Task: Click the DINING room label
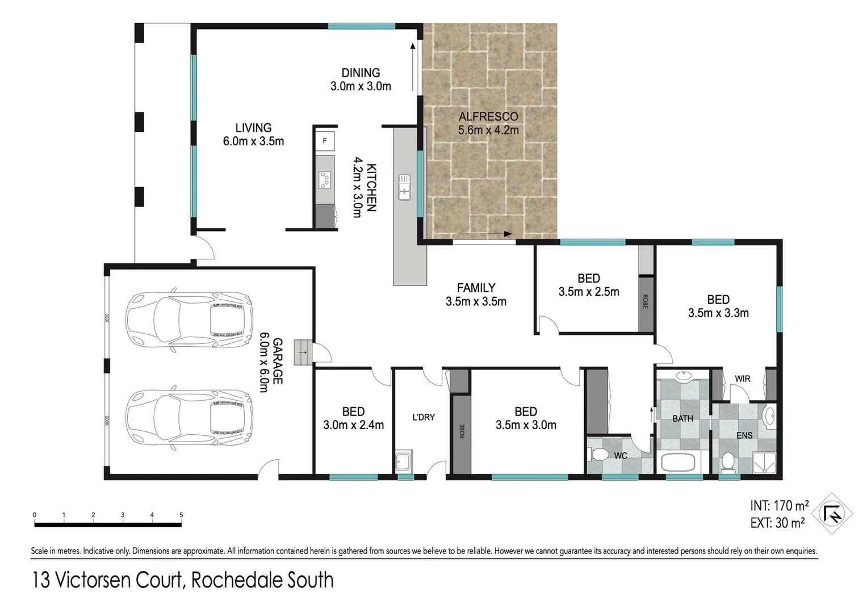coord(361,73)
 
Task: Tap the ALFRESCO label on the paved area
coord(488,117)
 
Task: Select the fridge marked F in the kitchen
coord(325,141)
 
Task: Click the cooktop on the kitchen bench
coord(325,180)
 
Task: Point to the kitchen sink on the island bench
coord(404,187)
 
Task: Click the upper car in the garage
coord(189,321)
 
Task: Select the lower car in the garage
coord(189,418)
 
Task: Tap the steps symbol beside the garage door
coord(303,352)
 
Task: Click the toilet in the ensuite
coord(727,462)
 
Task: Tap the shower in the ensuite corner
coord(764,462)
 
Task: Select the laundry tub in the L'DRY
coord(404,461)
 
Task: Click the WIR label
coord(742,379)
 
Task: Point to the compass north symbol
coord(832,514)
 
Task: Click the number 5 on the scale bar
coord(182,515)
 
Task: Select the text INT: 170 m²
coord(779,505)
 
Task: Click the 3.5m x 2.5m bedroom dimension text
coord(589,292)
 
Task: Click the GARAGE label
coord(278,361)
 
